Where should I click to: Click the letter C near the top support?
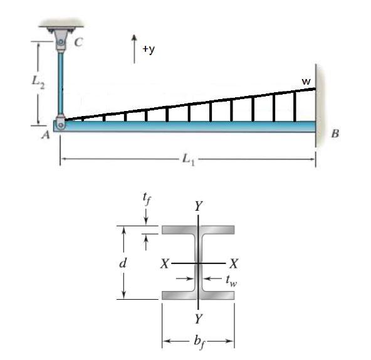(x=78, y=43)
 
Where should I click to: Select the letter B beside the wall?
(x=334, y=133)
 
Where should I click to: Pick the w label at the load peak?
(x=306, y=81)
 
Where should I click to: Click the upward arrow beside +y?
(x=135, y=48)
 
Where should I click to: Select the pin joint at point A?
(x=60, y=124)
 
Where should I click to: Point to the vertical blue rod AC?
(x=61, y=82)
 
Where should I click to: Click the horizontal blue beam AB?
(x=188, y=126)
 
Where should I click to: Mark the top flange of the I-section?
(x=198, y=230)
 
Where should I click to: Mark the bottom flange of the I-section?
(x=198, y=295)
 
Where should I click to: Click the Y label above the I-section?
(x=198, y=205)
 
